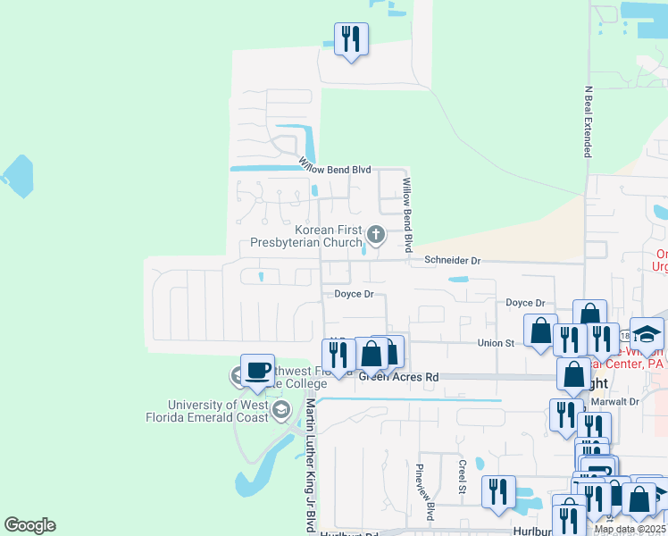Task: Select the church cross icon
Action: [x=376, y=236]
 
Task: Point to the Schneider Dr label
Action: [x=453, y=261]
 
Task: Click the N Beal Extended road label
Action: [x=589, y=121]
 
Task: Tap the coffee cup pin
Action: [x=258, y=371]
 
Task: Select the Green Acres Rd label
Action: [x=399, y=378]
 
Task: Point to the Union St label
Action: [x=497, y=343]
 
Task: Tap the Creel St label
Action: [x=463, y=477]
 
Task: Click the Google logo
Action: [x=29, y=525]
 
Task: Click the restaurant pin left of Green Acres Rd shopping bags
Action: [x=338, y=355]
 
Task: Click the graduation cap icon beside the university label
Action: [x=280, y=411]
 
